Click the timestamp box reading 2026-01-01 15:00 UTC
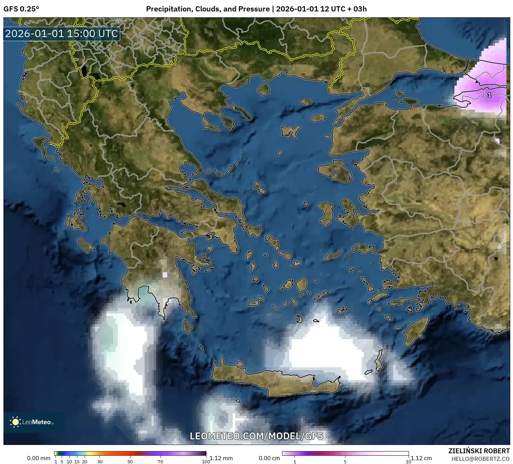click(61, 34)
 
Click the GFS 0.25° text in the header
click(21, 9)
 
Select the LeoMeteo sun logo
click(15, 422)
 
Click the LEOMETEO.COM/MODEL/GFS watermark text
click(256, 436)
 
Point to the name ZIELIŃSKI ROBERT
click(479, 451)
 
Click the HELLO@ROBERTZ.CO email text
click(480, 459)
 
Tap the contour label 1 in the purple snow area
click(489, 94)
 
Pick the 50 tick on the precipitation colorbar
click(130, 461)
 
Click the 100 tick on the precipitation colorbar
click(206, 461)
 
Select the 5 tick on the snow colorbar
click(345, 461)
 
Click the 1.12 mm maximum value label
click(221, 458)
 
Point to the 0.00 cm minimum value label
click(269, 458)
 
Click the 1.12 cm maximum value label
click(421, 458)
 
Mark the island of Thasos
click(264, 89)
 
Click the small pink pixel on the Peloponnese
click(165, 275)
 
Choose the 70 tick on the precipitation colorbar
click(160, 461)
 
